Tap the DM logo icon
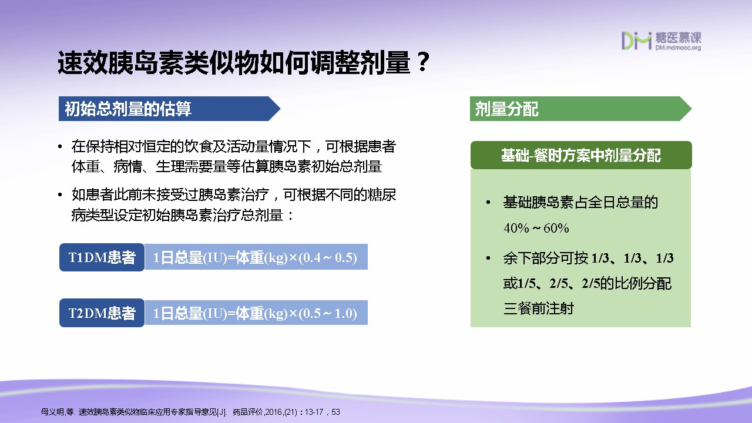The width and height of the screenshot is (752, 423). pyautogui.click(x=636, y=41)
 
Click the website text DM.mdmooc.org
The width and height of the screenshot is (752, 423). pyautogui.click(x=678, y=48)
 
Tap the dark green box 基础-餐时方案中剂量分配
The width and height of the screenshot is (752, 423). pyautogui.click(x=581, y=155)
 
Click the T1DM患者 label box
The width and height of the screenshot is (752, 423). pyautogui.click(x=102, y=257)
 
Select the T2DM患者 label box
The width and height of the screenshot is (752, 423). pyautogui.click(x=102, y=313)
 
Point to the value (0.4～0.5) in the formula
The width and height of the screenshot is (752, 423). pyautogui.click(x=328, y=257)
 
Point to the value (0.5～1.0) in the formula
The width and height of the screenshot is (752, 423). pyautogui.click(x=328, y=313)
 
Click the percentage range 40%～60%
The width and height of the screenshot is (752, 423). pyautogui.click(x=536, y=229)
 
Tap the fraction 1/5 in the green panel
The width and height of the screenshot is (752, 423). pyautogui.click(x=527, y=284)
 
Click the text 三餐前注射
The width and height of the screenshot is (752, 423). pyautogui.click(x=539, y=308)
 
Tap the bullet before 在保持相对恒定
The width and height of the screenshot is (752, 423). pyautogui.click(x=60, y=147)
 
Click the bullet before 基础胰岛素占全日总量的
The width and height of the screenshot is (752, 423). pyautogui.click(x=488, y=203)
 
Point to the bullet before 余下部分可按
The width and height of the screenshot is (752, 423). pyautogui.click(x=488, y=258)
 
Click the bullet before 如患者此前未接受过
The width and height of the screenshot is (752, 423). pyautogui.click(x=60, y=194)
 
